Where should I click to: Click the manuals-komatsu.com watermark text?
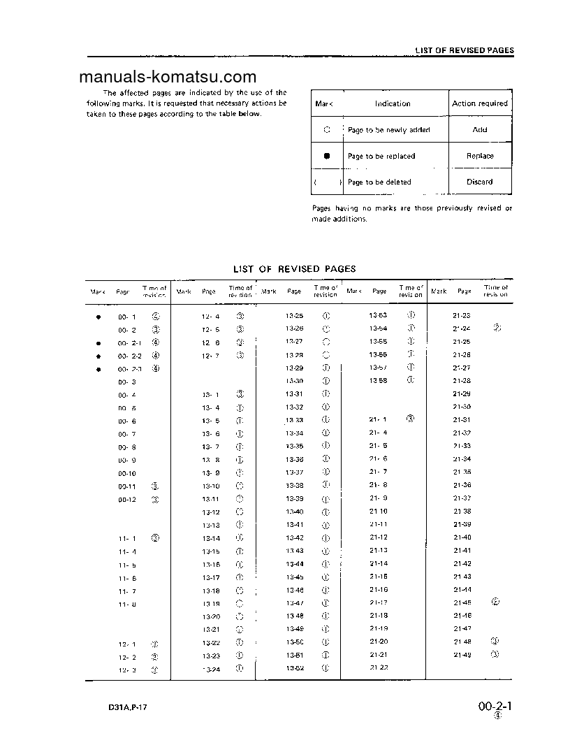(x=168, y=78)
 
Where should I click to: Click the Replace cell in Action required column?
(x=480, y=156)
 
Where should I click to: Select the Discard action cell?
(x=480, y=182)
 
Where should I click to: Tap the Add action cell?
(x=480, y=130)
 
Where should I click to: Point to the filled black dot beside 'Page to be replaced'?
(x=327, y=156)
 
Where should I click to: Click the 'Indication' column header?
(x=393, y=103)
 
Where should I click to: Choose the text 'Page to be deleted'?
(x=379, y=182)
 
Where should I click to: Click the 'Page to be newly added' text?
(x=388, y=130)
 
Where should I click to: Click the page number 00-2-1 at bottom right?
(x=497, y=707)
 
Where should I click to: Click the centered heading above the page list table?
(x=294, y=268)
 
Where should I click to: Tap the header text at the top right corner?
(x=464, y=50)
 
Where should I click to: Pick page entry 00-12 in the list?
(x=127, y=499)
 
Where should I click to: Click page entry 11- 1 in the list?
(x=127, y=538)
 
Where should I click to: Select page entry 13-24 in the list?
(x=211, y=669)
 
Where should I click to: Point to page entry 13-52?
(x=295, y=669)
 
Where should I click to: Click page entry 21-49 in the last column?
(x=462, y=655)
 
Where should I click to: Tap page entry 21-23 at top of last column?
(x=462, y=316)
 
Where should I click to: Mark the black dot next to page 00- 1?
(x=98, y=317)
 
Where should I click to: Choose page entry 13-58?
(x=379, y=381)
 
